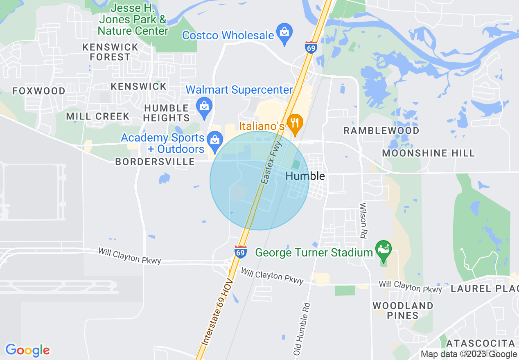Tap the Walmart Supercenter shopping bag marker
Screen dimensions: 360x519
pos(203,106)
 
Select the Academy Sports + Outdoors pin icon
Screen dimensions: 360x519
pos(214,139)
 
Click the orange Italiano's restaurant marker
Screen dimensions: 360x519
pos(294,122)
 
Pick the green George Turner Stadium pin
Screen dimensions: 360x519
pos(384,250)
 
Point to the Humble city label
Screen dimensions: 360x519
pos(305,176)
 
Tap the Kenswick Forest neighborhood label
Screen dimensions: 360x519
pos(110,52)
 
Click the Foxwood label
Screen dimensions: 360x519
pos(39,91)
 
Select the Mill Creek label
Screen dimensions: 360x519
pos(98,116)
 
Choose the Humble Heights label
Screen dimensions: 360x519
pos(167,113)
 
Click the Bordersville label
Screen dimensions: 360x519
pos(155,162)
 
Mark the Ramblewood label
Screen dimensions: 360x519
pos(381,131)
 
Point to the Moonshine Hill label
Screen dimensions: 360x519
pos(428,153)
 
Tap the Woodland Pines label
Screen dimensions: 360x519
pos(403,310)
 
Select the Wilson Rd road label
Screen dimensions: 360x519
pos(363,220)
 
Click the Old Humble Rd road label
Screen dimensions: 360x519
pos(302,328)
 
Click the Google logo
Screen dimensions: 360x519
pos(27,351)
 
